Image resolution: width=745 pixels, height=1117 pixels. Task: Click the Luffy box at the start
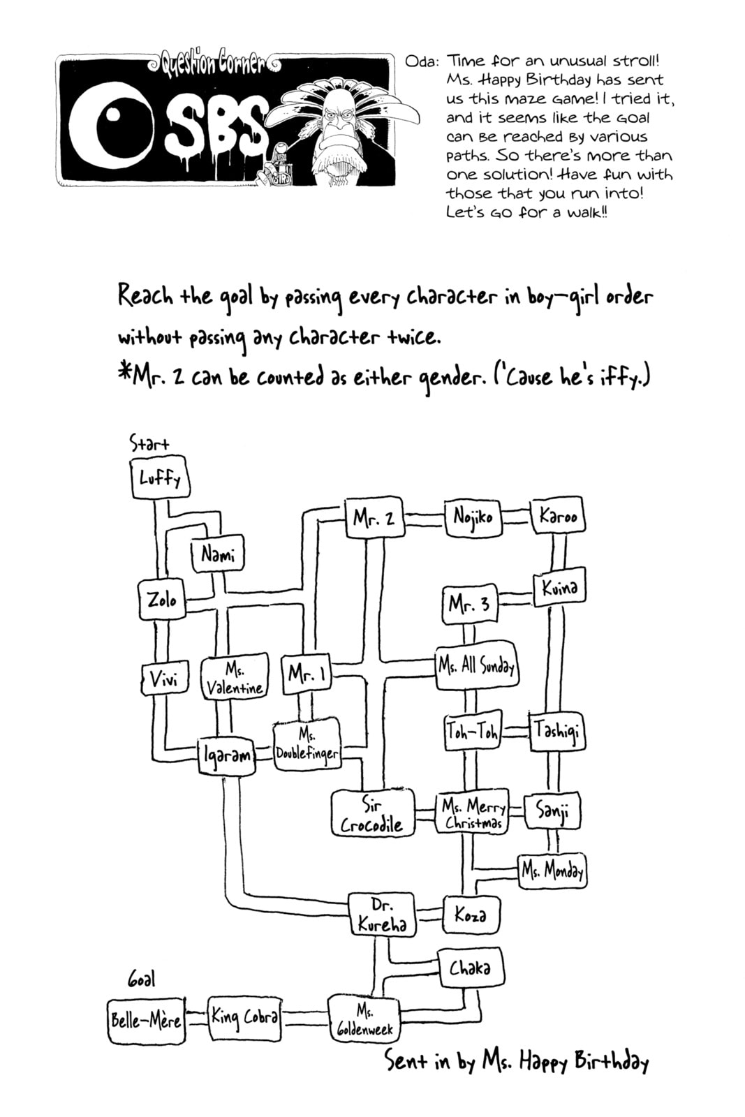(x=160, y=478)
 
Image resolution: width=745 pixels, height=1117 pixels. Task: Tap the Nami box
(x=218, y=554)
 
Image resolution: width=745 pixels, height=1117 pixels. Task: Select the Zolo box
(x=162, y=600)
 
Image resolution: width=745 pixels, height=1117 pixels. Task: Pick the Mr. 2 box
(x=374, y=517)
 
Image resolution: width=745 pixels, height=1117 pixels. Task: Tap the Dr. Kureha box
(x=383, y=915)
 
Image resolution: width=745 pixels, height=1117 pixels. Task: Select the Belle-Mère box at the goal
(x=147, y=1020)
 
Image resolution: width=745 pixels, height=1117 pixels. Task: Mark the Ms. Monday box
(x=552, y=871)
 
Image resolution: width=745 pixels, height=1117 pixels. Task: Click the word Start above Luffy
(x=149, y=443)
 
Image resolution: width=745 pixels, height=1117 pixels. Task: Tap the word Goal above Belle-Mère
(x=141, y=980)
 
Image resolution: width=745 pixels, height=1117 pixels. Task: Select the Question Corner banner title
(x=216, y=64)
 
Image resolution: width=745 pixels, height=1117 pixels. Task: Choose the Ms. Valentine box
(x=235, y=679)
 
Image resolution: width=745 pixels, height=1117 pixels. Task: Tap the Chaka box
(x=470, y=968)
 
